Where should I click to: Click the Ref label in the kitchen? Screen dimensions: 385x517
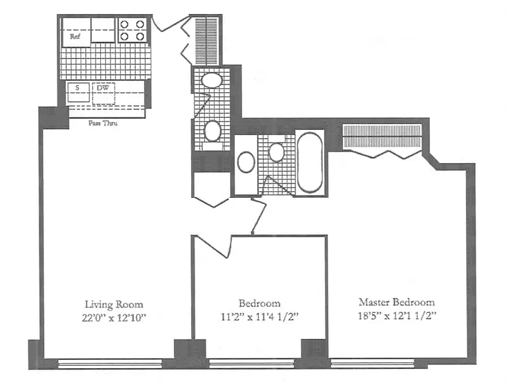pyautogui.click(x=76, y=37)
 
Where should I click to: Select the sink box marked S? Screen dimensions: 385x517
pyautogui.click(x=77, y=88)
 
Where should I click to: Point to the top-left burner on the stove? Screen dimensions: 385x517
pyautogui.click(x=124, y=24)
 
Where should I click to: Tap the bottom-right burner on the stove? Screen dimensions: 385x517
pyautogui.click(x=140, y=36)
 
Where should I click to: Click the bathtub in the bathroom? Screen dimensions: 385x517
pyautogui.click(x=309, y=163)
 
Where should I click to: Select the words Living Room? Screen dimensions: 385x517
pyautogui.click(x=114, y=304)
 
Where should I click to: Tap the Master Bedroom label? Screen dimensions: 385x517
pyautogui.click(x=396, y=302)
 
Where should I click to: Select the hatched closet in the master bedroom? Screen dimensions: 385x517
pyautogui.click(x=382, y=137)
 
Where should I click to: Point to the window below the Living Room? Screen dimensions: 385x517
pyautogui.click(x=110, y=363)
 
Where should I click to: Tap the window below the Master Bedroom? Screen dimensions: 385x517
pyautogui.click(x=373, y=363)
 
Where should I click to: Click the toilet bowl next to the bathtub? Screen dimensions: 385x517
pyautogui.click(x=276, y=152)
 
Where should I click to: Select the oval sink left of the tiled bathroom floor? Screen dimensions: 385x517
pyautogui.click(x=246, y=162)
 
